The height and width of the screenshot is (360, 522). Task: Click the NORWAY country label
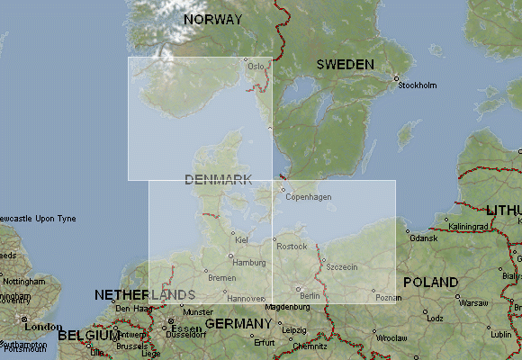point(212,19)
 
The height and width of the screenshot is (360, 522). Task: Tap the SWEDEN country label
point(346,65)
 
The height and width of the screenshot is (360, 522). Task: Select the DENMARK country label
point(218,179)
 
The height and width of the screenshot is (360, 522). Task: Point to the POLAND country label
point(429,282)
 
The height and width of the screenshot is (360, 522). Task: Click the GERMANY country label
point(238,323)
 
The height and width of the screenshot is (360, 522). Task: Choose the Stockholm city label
point(417,85)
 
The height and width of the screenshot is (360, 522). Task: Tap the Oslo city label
point(256,66)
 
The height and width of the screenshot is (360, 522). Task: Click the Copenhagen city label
point(309,197)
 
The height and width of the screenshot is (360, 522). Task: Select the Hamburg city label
point(249,263)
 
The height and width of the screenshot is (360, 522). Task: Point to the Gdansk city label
point(422,238)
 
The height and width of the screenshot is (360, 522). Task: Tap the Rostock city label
point(292,247)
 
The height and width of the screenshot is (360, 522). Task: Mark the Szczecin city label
point(342,267)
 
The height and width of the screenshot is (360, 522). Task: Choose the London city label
point(43,327)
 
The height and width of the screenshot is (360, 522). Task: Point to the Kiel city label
point(240,239)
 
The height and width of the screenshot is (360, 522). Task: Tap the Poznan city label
point(388,297)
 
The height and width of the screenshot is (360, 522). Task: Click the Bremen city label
point(221,277)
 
